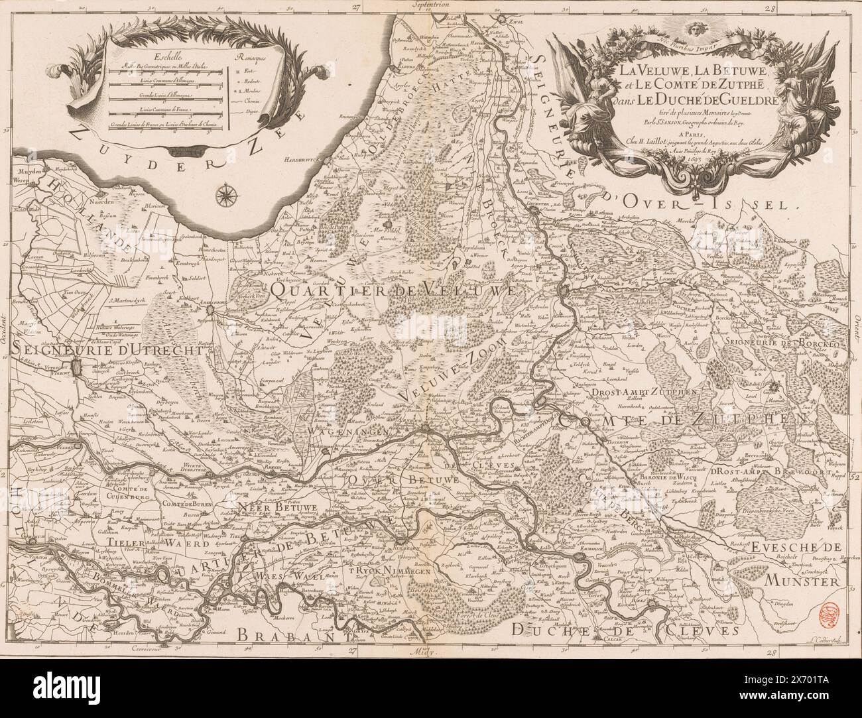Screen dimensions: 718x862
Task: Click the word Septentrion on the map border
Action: [x=431, y=4]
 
